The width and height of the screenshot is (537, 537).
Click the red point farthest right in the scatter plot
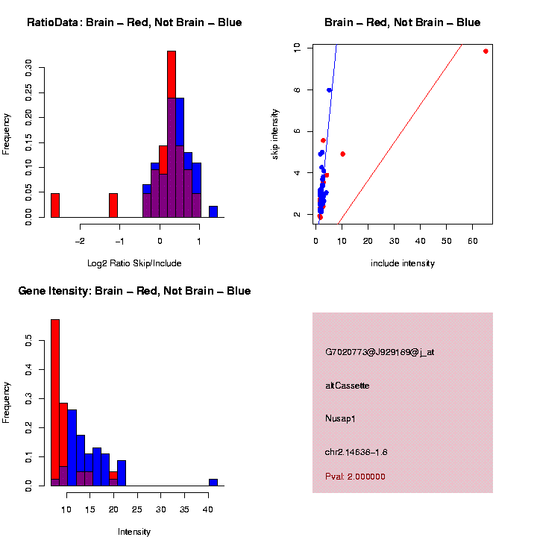pyautogui.click(x=486, y=51)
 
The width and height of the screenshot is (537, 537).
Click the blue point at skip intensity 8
pyautogui.click(x=329, y=90)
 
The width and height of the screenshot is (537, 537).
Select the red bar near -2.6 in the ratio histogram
pyautogui.click(x=54, y=205)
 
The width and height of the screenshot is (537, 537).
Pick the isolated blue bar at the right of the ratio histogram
pyautogui.click(x=213, y=212)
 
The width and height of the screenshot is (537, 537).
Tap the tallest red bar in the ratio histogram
pyautogui.click(x=172, y=75)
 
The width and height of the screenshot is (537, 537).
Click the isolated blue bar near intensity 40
pyautogui.click(x=213, y=483)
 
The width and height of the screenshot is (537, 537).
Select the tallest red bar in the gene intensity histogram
pyautogui.click(x=54, y=403)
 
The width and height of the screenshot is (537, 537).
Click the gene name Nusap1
pyautogui.click(x=340, y=419)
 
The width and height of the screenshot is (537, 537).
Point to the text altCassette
pyautogui.click(x=347, y=386)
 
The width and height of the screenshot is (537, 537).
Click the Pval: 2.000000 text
pyautogui.click(x=355, y=477)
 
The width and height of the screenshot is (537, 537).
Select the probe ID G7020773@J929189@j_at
pyautogui.click(x=380, y=352)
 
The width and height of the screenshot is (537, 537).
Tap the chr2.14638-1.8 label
pyautogui.click(x=356, y=452)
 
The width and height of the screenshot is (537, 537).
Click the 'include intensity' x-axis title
pyautogui.click(x=403, y=263)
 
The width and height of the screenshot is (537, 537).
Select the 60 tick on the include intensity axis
pyautogui.click(x=472, y=241)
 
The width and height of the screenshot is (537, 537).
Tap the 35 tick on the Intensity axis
pyautogui.click(x=184, y=509)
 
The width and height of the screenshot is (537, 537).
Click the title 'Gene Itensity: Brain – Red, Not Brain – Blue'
pyautogui.click(x=134, y=291)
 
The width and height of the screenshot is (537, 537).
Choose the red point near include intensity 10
pyautogui.click(x=342, y=154)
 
